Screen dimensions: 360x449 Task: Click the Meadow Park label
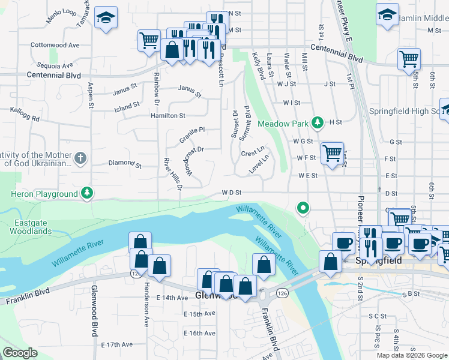(x=283, y=124)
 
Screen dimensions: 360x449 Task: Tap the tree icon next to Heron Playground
(x=88, y=193)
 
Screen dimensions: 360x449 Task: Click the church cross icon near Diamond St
(x=80, y=159)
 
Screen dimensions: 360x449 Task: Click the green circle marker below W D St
(x=304, y=208)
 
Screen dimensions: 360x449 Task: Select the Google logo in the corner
(x=20, y=353)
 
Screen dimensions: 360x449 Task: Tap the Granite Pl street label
(x=192, y=135)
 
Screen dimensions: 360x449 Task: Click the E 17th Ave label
(x=116, y=344)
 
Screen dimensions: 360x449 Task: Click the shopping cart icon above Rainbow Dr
(x=149, y=41)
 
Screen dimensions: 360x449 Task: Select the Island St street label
(x=127, y=107)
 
